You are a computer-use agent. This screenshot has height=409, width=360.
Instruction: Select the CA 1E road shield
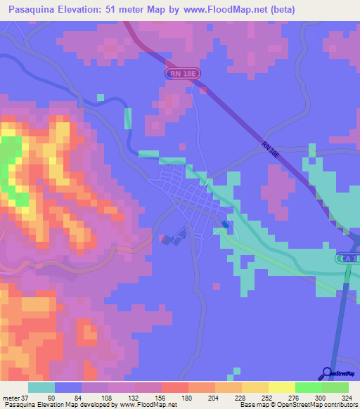click(x=348, y=259)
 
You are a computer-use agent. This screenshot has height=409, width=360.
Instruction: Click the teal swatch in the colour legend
click(x=41, y=387)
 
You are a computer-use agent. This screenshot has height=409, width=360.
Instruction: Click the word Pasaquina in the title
click(x=32, y=9)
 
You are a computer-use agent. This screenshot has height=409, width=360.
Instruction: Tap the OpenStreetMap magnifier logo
click(x=328, y=374)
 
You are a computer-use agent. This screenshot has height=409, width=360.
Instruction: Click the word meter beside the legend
click(x=10, y=398)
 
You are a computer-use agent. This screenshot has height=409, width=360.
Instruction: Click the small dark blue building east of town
click(x=225, y=225)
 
